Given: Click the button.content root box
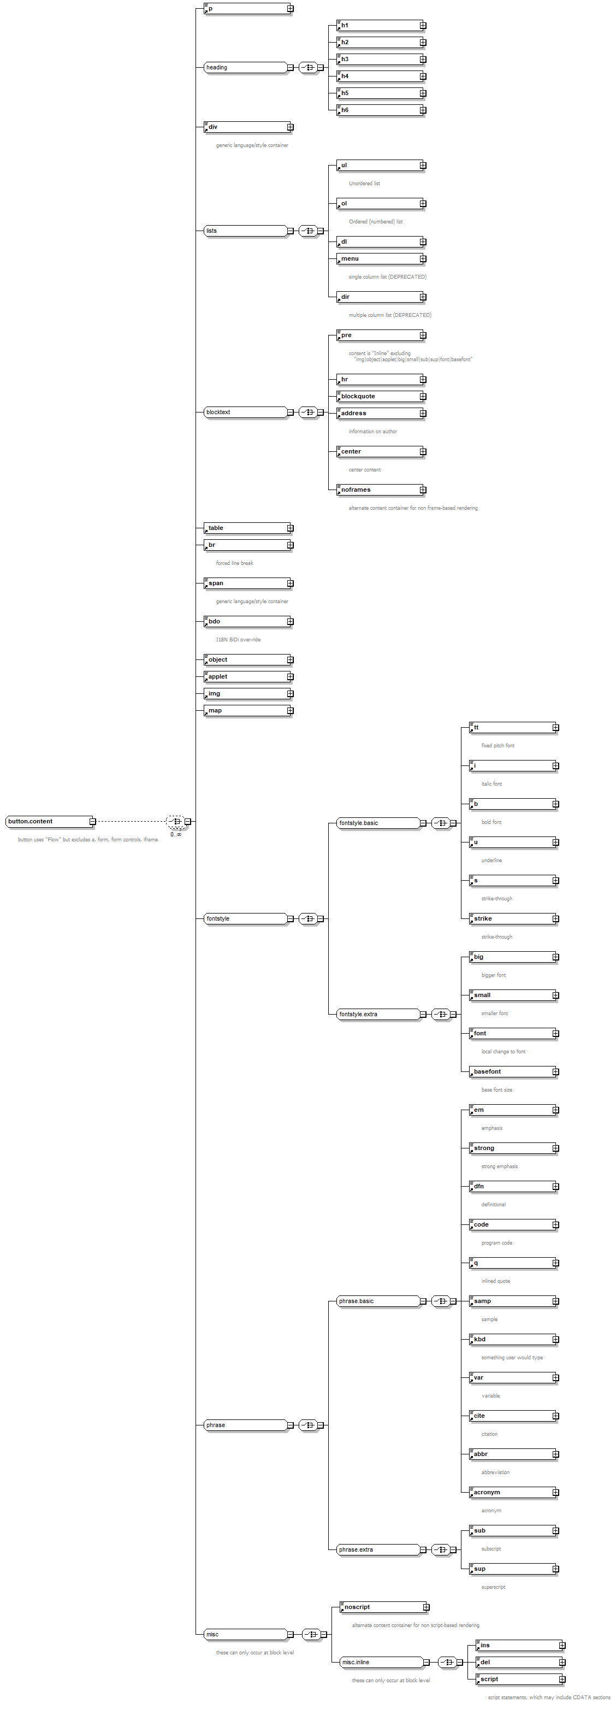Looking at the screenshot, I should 48,821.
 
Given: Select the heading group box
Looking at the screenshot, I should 245,68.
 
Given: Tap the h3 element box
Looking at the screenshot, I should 378,60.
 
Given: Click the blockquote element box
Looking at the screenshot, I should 378,397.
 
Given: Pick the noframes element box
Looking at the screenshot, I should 378,490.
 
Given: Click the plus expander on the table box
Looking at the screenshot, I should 290,529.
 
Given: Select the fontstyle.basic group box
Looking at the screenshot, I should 377,823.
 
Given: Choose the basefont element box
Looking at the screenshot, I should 511,1072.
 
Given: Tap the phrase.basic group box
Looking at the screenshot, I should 377,1301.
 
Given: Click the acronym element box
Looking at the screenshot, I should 511,1493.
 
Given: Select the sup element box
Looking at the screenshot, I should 511,1569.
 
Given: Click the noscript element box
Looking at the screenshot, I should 381,1607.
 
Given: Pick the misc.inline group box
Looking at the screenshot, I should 381,1663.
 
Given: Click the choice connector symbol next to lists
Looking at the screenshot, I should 309,231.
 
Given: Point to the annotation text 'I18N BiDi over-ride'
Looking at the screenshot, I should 238,640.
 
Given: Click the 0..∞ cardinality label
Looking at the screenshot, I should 176,835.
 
